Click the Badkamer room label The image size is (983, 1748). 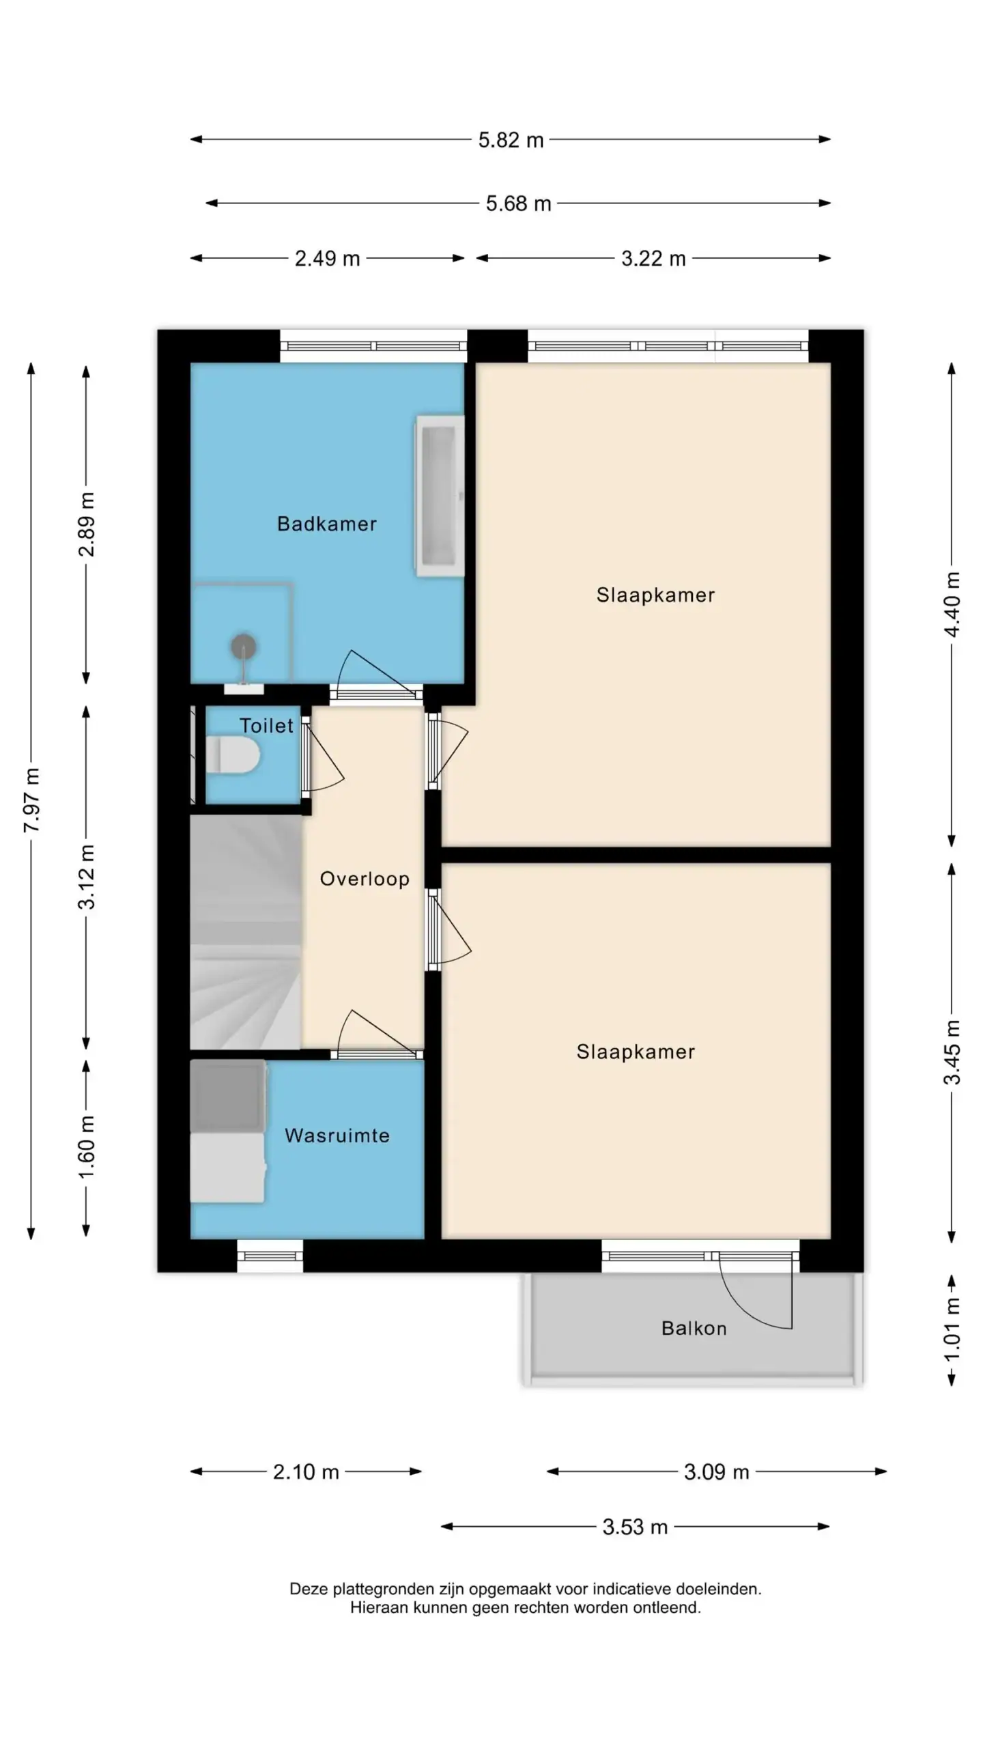[326, 524]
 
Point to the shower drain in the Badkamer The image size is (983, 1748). [243, 645]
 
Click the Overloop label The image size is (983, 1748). [365, 879]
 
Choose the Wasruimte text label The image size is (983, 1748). [337, 1136]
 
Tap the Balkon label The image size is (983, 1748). [694, 1328]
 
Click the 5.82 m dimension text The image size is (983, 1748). [511, 140]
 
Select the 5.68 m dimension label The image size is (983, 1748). [518, 203]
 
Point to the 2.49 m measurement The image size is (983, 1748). [327, 259]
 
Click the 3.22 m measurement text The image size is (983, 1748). [653, 259]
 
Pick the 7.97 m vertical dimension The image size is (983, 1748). [31, 800]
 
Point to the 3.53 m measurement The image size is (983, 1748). [635, 1527]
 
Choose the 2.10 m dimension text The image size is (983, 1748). [306, 1471]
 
